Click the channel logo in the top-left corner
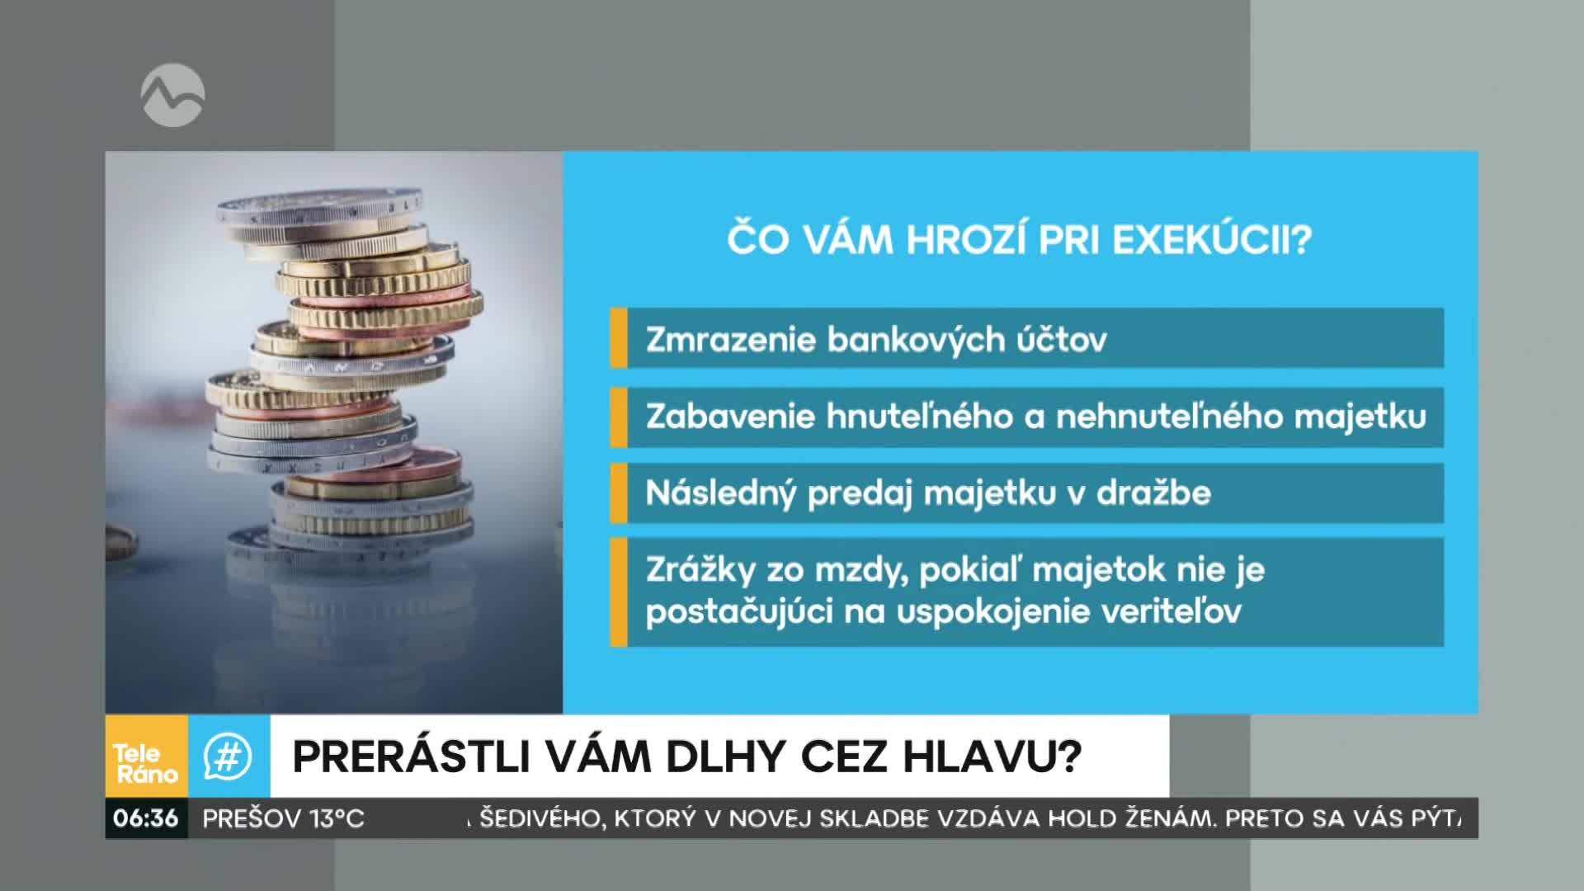[172, 96]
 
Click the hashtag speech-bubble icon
[229, 757]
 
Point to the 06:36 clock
[146, 818]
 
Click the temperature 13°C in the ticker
[337, 818]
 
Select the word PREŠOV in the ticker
[252, 818]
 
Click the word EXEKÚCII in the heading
[1212, 240]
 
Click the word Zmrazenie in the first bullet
[730, 340]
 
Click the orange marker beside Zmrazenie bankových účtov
[619, 337]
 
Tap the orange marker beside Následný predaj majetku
[619, 493]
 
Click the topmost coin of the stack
[320, 206]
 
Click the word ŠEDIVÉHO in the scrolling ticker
[540, 818]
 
